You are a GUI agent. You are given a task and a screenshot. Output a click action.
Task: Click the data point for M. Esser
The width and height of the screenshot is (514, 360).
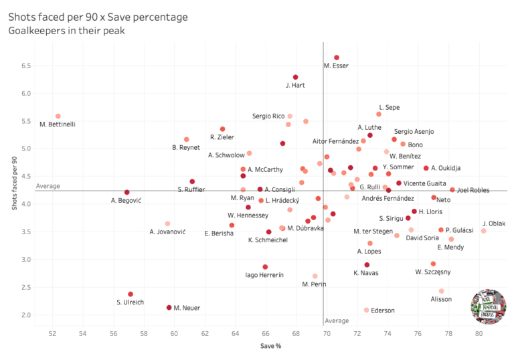point(337,58)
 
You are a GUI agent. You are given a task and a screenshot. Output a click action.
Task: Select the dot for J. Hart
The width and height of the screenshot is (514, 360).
point(296,77)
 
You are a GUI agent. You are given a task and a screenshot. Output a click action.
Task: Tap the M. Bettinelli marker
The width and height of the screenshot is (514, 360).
point(58,116)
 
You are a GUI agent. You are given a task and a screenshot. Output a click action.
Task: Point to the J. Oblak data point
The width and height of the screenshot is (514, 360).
point(483,231)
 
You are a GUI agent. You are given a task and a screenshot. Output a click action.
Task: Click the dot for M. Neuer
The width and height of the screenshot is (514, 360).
point(169,307)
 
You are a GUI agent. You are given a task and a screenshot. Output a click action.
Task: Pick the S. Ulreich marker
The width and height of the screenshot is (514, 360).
point(131,294)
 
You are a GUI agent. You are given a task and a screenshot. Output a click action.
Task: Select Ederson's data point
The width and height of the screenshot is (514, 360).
point(366,310)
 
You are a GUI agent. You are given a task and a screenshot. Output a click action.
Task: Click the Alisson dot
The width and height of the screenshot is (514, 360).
point(441,291)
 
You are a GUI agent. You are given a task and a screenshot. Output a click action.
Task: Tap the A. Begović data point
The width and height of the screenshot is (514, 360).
point(126,192)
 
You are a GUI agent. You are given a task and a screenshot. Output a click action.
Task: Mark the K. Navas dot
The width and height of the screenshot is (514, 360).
point(367,265)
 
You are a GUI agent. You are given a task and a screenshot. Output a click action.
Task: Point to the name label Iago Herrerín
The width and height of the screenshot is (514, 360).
point(264,275)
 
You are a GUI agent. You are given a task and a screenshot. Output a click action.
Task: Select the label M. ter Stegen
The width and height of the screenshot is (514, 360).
point(373,231)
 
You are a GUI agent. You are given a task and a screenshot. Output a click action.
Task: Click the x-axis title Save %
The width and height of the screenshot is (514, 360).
point(270,346)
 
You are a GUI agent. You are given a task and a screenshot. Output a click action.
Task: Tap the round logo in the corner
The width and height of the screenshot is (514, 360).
point(488,308)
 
